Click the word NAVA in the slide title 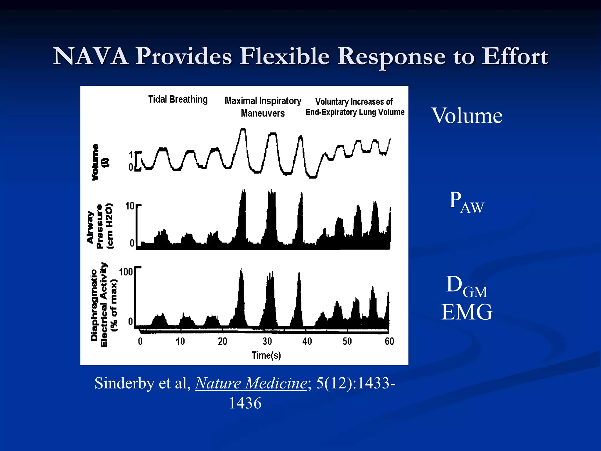[90, 56]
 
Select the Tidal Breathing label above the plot [178, 100]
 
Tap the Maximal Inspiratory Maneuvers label [263, 107]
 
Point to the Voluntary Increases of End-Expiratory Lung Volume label [355, 107]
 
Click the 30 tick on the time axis [267, 341]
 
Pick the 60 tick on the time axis [389, 341]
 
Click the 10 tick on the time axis [180, 341]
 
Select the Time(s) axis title [266, 355]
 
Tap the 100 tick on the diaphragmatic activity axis [126, 272]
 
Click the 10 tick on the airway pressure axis [130, 206]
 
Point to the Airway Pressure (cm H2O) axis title [100, 226]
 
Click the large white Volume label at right [467, 116]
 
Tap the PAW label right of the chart [466, 202]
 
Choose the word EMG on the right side [467, 312]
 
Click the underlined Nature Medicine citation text [251, 383]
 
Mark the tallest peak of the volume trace [243, 129]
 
